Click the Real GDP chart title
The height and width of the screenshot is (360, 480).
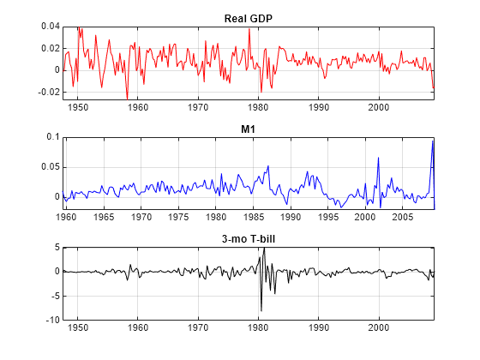[248, 19]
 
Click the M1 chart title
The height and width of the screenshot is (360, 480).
[248, 129]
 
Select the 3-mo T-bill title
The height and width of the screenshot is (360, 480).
[248, 239]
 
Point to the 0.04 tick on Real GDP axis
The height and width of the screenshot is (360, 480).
[48, 27]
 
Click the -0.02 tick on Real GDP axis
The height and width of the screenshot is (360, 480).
[46, 92]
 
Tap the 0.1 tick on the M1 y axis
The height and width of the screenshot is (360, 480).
[53, 137]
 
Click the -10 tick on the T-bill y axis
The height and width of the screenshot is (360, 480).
[51, 320]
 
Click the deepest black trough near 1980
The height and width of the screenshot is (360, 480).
[261, 310]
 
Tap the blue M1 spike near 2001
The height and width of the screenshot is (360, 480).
[378, 157]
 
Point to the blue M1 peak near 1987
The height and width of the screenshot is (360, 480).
[268, 166]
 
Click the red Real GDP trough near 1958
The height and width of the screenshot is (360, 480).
[127, 99]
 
